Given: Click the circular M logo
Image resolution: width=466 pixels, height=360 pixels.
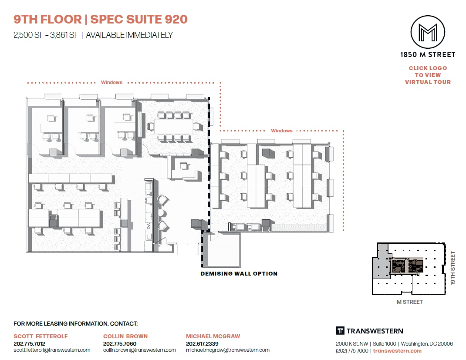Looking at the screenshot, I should [428, 32].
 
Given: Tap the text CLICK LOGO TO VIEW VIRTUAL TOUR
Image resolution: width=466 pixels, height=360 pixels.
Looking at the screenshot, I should [428, 75].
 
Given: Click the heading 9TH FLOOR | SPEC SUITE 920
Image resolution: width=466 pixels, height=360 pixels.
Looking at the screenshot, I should [101, 19].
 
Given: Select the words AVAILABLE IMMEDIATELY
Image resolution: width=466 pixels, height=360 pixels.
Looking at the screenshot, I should [129, 35].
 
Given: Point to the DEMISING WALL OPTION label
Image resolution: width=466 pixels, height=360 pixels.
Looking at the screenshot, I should [239, 274].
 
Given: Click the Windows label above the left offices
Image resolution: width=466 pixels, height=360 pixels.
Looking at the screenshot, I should [111, 82].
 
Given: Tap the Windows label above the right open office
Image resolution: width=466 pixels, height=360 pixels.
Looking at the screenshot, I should [281, 131].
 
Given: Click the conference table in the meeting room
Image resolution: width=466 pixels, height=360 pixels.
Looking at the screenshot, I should [174, 126].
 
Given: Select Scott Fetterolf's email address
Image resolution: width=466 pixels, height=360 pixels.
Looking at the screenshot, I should [52, 350].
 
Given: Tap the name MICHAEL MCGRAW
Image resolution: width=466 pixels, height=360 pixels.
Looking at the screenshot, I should [213, 336].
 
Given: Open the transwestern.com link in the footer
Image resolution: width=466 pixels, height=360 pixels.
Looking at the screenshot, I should [397, 351].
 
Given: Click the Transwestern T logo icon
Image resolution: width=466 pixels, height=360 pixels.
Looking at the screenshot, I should [340, 331].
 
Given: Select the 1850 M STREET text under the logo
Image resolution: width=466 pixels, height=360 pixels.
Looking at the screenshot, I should [428, 55].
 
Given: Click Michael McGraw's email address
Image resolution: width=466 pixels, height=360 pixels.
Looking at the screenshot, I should [228, 350].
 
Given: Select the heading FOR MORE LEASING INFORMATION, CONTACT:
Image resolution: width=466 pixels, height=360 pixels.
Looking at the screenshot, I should [76, 324].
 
